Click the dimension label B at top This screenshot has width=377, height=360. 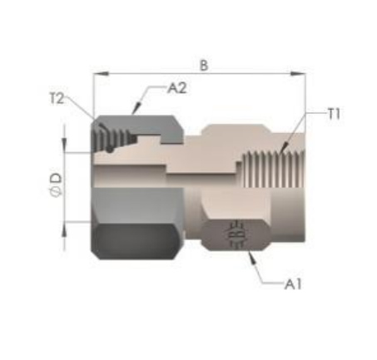(204, 66)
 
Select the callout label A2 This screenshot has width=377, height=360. (177, 88)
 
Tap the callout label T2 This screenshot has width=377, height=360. (57, 99)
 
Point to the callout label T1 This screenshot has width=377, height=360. (334, 114)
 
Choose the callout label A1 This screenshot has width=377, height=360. (293, 284)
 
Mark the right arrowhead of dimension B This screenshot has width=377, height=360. (298, 74)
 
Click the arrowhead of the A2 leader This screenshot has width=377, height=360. (136, 108)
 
